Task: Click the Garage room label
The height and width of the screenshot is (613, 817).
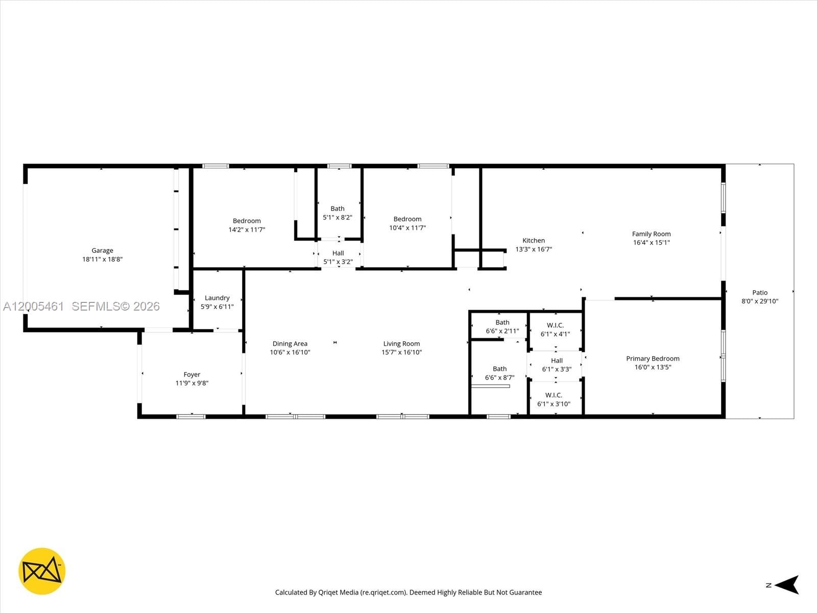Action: tap(102, 250)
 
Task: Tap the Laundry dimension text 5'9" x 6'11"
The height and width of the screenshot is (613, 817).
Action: tap(217, 306)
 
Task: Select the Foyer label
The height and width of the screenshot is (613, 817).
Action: tap(192, 374)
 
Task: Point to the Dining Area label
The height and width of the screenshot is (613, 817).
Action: tap(290, 344)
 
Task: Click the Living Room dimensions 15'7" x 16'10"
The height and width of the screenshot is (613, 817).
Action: tap(401, 352)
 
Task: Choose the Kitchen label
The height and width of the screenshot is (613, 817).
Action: tap(534, 241)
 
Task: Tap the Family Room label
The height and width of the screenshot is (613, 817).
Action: tap(651, 234)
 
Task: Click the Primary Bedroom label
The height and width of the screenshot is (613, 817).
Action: tap(653, 359)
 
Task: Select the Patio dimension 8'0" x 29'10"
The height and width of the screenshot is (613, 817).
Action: tap(760, 301)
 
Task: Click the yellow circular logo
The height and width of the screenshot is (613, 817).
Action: tap(42, 571)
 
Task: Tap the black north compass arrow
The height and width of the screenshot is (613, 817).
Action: tap(788, 585)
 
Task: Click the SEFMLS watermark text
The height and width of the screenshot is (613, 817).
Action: tap(115, 306)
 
